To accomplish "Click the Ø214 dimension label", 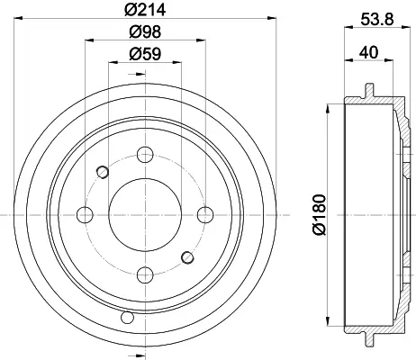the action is click(145, 10).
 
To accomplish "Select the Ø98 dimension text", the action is click(145, 31).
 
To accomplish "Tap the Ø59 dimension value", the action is click(145, 54).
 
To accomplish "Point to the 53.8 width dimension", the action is click(376, 20).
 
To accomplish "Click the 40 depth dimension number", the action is click(369, 52).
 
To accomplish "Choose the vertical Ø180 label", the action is click(319, 214).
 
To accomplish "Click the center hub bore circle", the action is click(145, 215).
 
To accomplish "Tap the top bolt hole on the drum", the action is click(145, 155).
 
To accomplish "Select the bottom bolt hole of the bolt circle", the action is click(145, 274).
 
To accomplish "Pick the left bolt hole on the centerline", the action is click(86, 215).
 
